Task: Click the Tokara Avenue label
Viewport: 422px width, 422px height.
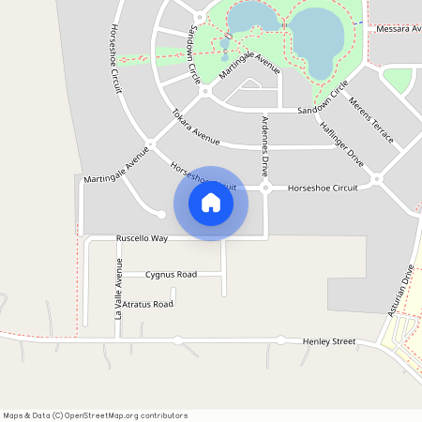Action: [x=195, y=127]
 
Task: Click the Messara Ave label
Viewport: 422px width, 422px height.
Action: [x=398, y=29]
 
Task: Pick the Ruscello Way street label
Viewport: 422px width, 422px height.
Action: [x=142, y=238]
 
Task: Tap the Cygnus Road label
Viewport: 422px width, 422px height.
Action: [x=171, y=275]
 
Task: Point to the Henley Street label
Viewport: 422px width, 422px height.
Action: [x=329, y=341]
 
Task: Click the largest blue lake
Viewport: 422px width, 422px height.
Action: [x=316, y=42]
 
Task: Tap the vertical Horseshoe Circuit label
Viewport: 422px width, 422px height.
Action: [x=116, y=52]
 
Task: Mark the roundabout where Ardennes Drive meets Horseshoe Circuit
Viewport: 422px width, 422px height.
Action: [x=266, y=188]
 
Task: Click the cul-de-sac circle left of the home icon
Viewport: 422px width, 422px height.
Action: [x=161, y=215]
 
